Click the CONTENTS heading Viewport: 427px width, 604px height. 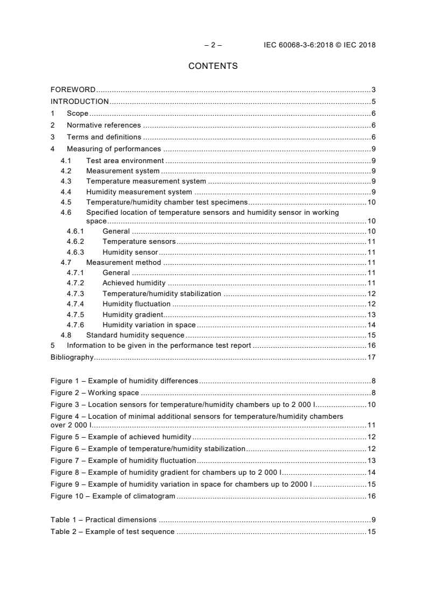click(213, 66)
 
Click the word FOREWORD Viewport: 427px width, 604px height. click(73, 89)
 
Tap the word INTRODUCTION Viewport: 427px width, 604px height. click(80, 101)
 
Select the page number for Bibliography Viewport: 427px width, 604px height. click(371, 357)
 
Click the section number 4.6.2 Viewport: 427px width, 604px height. click(75, 242)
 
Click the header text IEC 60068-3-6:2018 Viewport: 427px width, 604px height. click(297, 45)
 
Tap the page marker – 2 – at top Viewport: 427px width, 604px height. click(213, 45)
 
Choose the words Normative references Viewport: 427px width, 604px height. click(104, 125)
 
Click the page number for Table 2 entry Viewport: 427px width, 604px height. click(371, 531)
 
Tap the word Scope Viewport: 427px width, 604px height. click(78, 114)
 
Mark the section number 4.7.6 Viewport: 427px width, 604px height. click(75, 325)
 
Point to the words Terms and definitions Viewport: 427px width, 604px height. click(104, 137)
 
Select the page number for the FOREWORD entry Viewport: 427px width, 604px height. click(373, 89)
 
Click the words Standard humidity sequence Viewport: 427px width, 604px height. click(135, 335)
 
